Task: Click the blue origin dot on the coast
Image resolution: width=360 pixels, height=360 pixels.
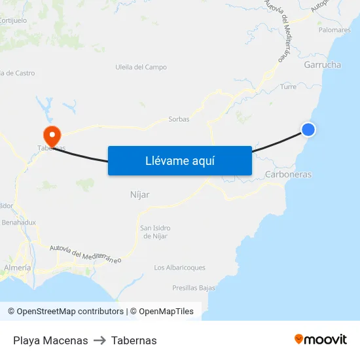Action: (308, 130)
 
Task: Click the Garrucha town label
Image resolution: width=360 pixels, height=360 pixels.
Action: (322, 65)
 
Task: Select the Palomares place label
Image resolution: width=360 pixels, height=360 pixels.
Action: (334, 30)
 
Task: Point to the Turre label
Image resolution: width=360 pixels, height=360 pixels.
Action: (288, 86)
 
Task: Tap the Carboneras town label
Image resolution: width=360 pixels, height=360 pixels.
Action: (288, 175)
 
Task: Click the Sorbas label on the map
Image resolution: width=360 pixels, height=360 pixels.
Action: (179, 119)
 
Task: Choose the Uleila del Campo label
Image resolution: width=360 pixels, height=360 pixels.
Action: (141, 67)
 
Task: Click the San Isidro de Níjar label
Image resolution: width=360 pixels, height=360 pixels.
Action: (154, 232)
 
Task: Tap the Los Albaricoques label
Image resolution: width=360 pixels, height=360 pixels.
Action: (179, 268)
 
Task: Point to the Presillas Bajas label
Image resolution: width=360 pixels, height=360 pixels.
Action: (194, 288)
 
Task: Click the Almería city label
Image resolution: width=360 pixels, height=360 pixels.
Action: (18, 268)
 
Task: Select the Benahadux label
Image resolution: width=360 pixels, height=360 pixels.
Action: (19, 223)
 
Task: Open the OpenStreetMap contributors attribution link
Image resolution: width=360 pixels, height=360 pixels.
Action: (70, 312)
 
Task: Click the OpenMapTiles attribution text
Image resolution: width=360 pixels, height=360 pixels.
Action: (166, 312)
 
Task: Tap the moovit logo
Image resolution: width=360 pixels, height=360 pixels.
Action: (321, 339)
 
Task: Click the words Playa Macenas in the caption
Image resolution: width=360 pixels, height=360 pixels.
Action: (50, 340)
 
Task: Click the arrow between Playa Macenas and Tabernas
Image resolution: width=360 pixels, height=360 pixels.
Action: (99, 340)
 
